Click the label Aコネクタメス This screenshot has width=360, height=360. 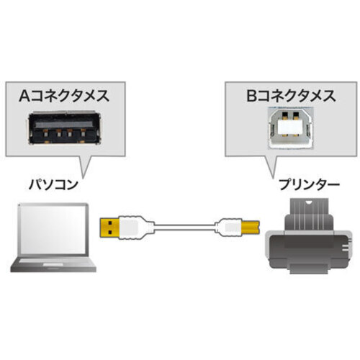[64, 96]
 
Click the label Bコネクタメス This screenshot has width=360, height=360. [291, 96]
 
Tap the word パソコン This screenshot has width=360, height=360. [53, 184]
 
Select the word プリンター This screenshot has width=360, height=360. [309, 184]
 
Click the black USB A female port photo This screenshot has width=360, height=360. [65, 127]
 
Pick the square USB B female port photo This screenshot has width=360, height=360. [291, 127]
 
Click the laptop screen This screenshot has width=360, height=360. [53, 230]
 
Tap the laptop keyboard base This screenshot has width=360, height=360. [53, 264]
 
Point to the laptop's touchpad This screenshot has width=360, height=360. [53, 264]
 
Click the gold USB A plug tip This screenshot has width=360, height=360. [109, 228]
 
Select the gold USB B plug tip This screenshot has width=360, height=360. [251, 227]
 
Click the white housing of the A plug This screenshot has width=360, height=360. [132, 228]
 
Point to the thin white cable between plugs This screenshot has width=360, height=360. [184, 227]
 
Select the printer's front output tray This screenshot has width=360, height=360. [309, 269]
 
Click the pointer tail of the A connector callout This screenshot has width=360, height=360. [84, 167]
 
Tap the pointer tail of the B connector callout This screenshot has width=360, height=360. [271, 167]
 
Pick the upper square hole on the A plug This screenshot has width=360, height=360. [110, 222]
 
